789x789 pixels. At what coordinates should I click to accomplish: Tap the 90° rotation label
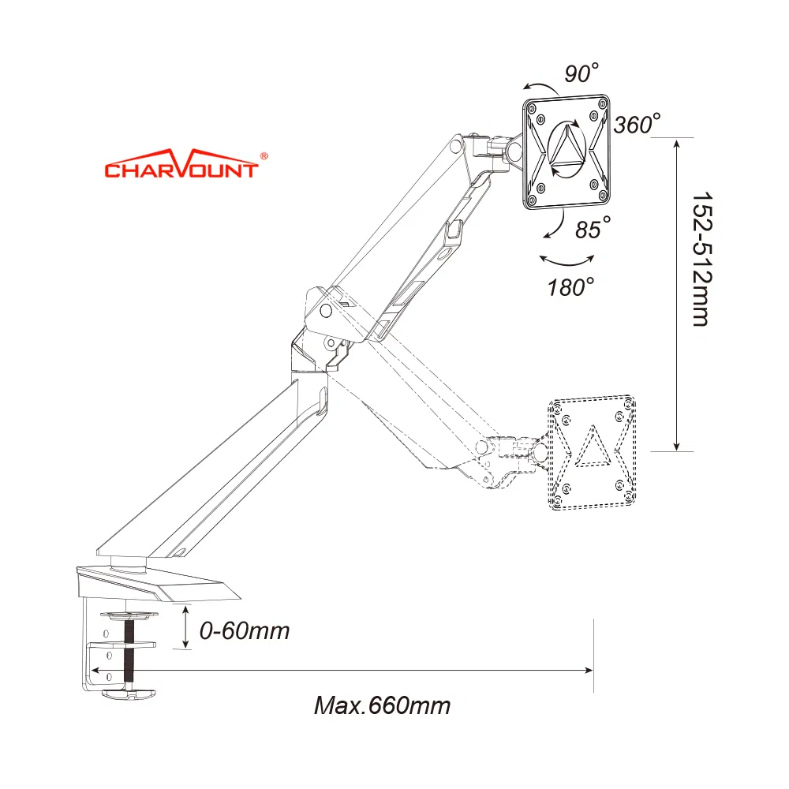pyautogui.click(x=581, y=73)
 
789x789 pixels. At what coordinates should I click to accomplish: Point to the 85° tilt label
pyautogui.click(x=593, y=228)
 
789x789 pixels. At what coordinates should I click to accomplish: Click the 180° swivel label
pyautogui.click(x=570, y=287)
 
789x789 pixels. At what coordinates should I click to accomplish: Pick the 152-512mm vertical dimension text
pyautogui.click(x=702, y=259)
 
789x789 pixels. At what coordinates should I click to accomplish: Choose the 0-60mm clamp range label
pyautogui.click(x=245, y=631)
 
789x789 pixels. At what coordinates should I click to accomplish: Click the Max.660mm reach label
pyautogui.click(x=383, y=705)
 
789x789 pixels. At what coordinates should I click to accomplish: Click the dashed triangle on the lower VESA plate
pyautogui.click(x=593, y=447)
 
